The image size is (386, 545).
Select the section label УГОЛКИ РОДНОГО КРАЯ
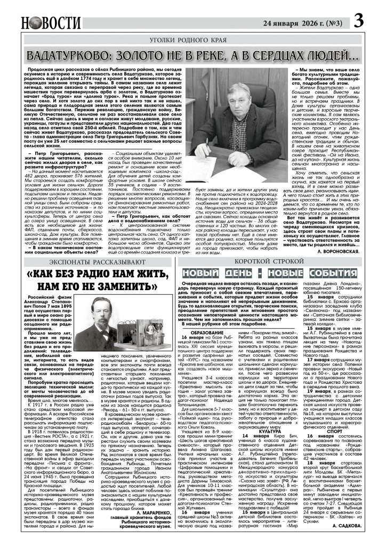(192, 40)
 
